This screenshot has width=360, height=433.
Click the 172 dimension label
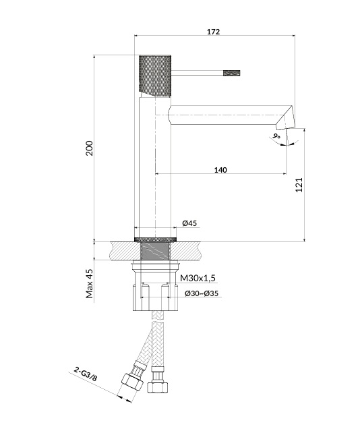tap(214, 32)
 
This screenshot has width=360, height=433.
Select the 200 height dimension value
tap(89, 148)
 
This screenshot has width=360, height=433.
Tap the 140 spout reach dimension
tap(220, 170)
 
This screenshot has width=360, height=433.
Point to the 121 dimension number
tap(299, 185)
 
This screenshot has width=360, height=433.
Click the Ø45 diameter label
tap(189, 223)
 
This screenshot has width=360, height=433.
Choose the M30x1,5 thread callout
tap(198, 278)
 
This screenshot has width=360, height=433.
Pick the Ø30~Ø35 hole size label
tap(202, 293)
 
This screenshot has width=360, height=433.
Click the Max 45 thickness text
tap(90, 283)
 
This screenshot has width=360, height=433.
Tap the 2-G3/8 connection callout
tap(86, 374)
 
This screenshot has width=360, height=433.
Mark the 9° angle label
tap(276, 136)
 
